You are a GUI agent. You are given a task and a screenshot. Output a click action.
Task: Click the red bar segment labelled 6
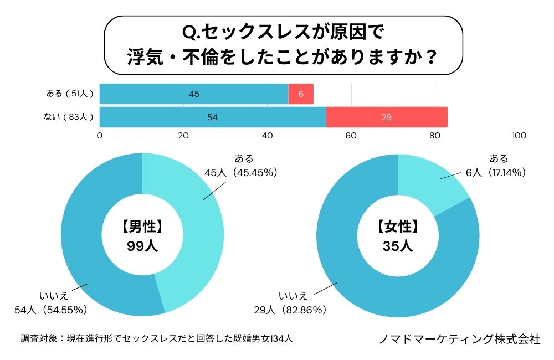point(301,94)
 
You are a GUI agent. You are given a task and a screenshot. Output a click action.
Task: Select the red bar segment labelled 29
point(387,117)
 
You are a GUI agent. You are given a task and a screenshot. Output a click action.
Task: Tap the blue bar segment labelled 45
point(194,94)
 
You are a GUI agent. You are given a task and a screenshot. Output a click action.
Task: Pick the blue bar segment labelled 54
point(213,117)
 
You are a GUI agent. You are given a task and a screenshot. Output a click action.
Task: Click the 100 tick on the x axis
point(519,136)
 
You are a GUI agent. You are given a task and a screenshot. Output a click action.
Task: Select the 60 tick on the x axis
point(351,136)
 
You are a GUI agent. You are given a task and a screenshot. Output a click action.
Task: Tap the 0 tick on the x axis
point(100,136)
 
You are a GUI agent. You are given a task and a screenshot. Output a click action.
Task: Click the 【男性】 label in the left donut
point(142,226)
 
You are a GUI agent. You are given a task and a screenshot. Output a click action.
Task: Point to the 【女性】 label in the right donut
point(397,226)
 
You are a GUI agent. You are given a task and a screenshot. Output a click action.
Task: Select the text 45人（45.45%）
point(240,173)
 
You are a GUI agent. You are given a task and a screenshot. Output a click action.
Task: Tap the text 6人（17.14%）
point(495,173)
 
